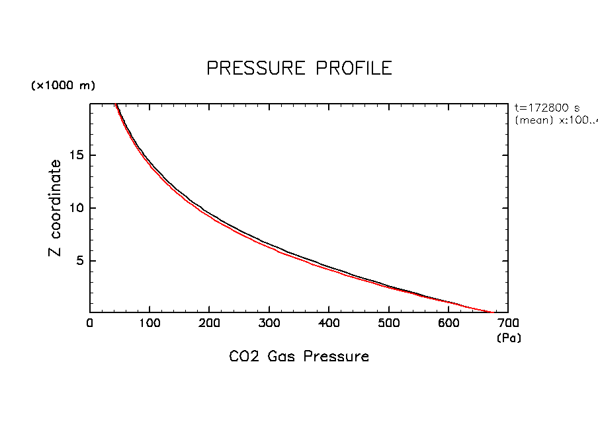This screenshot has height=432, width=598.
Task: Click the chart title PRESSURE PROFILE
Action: (x=299, y=68)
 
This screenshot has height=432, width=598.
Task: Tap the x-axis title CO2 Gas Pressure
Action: (x=299, y=357)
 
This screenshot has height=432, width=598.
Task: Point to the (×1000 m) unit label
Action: (x=63, y=86)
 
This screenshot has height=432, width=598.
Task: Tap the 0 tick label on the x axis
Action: (x=90, y=323)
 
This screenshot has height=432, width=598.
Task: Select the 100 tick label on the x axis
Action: (x=149, y=323)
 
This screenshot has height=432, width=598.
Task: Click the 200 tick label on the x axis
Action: (x=209, y=323)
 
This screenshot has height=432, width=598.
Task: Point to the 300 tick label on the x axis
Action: (x=269, y=323)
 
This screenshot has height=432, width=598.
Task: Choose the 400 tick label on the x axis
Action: (x=329, y=323)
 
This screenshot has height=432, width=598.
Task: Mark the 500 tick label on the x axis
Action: (x=388, y=323)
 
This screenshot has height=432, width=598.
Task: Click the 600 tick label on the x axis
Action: (x=448, y=323)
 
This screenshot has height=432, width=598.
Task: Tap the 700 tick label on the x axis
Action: (x=507, y=323)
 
